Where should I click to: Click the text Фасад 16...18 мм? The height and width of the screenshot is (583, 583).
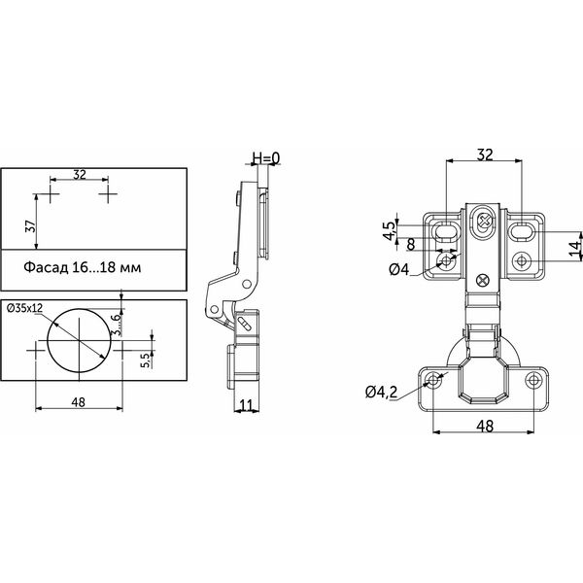83,267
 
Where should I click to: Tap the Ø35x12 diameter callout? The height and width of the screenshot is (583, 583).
25,308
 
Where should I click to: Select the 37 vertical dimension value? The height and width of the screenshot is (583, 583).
30,226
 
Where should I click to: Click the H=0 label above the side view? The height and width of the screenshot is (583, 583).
266,158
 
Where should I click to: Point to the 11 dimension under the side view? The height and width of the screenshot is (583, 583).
246,405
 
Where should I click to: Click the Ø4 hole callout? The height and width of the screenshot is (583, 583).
399,269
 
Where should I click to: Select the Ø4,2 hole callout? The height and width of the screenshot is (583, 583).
381,392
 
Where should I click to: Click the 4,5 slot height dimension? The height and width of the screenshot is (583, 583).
390,230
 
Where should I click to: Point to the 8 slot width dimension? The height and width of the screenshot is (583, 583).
411,245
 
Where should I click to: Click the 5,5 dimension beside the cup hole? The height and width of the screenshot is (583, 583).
146,360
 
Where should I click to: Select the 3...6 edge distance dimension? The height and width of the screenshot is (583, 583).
117,325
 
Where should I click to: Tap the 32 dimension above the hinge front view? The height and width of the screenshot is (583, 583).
485,154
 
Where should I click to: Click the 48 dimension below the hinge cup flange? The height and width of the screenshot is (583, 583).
485,427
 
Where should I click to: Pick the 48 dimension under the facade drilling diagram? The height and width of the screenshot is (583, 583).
78,402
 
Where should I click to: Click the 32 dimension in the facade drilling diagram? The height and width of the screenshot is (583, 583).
80,174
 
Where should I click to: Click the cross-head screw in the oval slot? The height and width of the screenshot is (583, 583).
485,221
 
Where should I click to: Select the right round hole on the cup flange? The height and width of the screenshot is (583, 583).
533,380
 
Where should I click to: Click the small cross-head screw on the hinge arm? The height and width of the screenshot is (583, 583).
483,281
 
